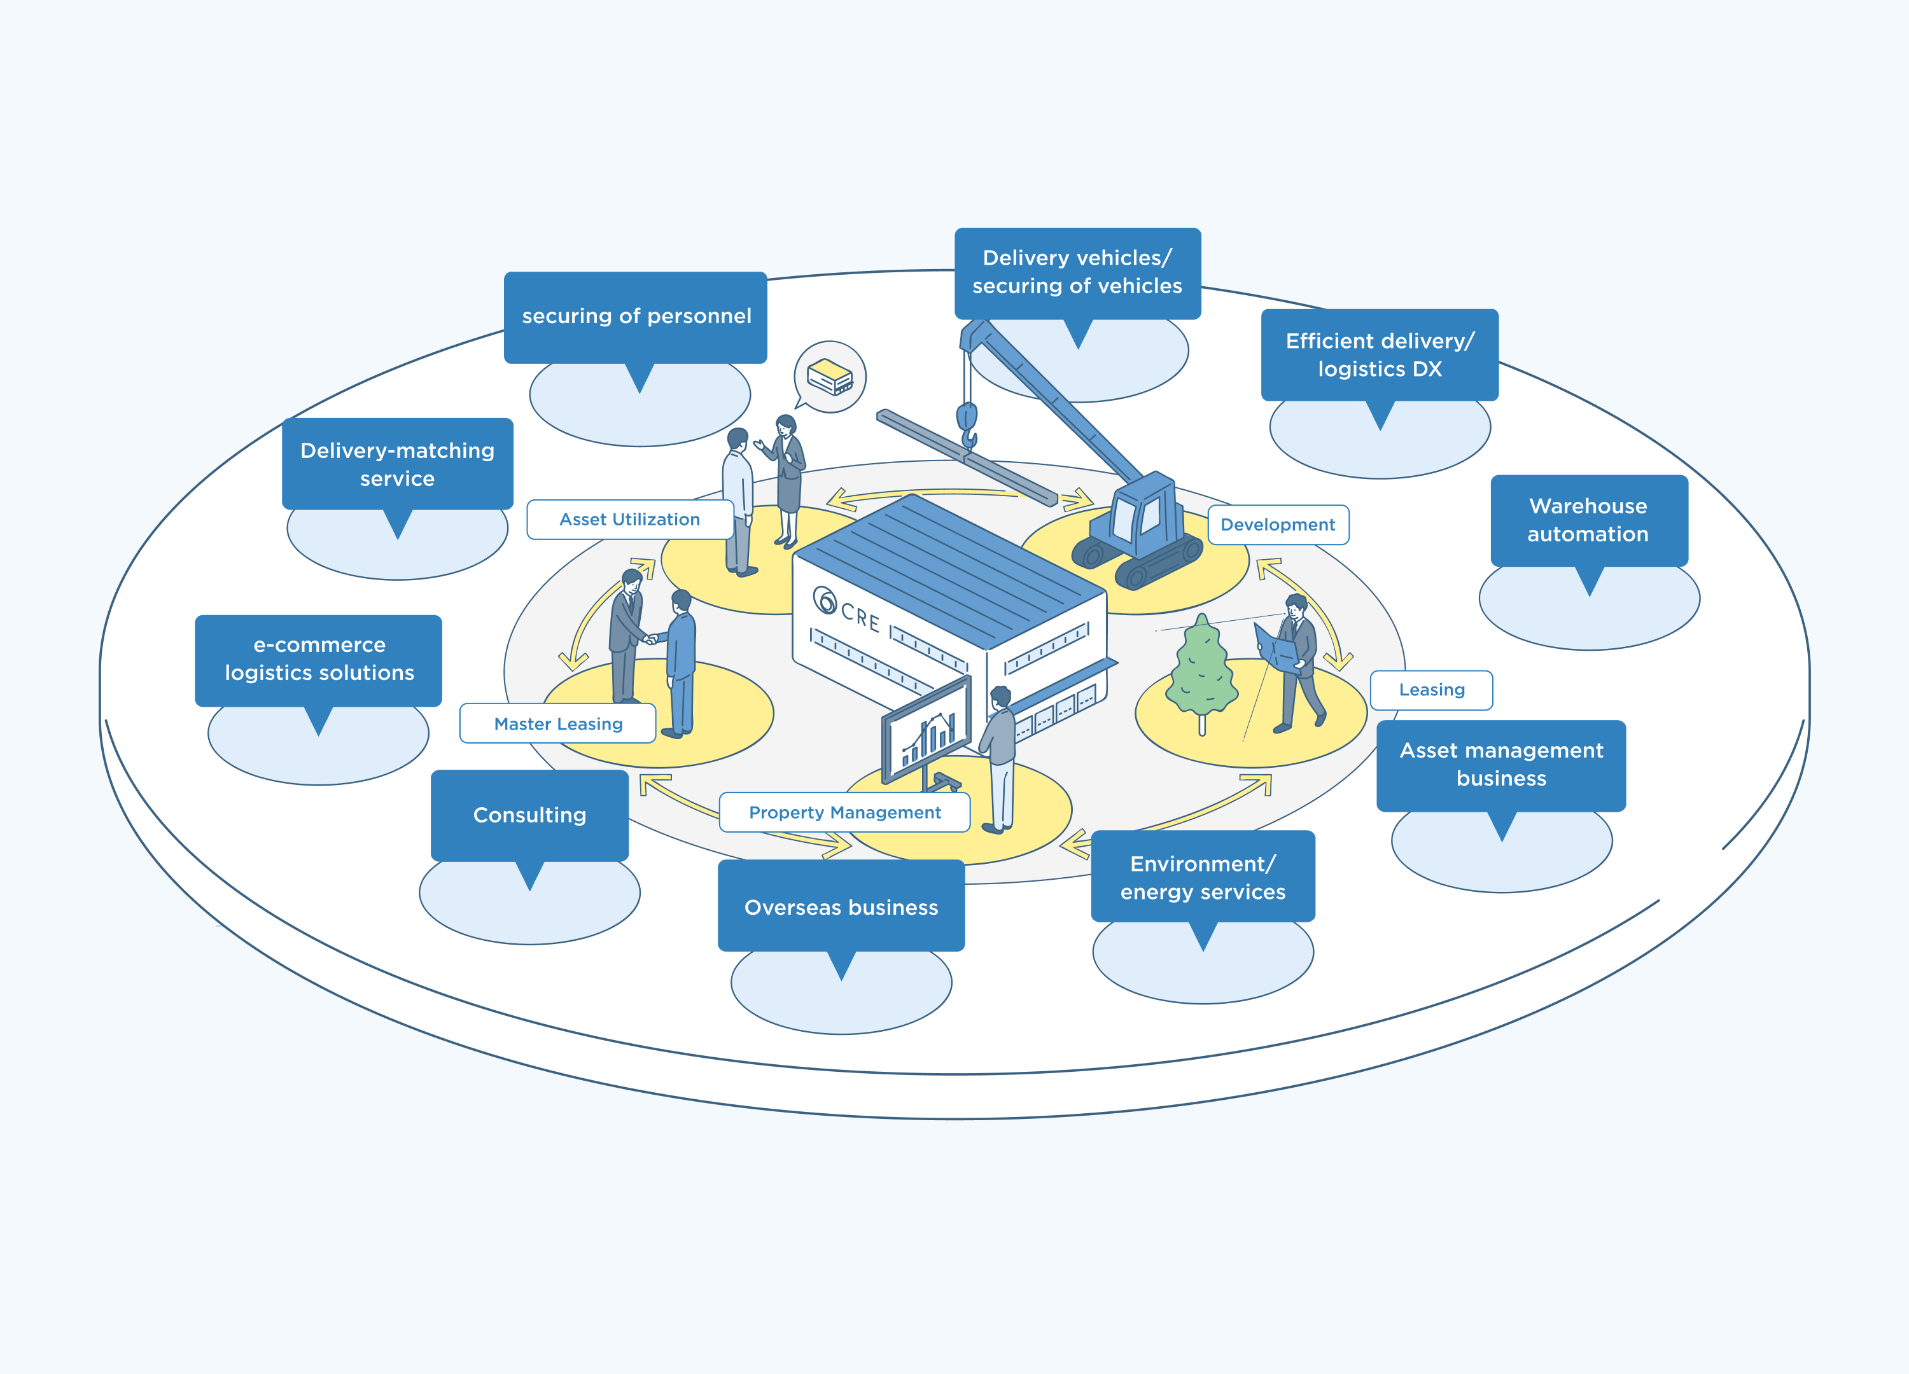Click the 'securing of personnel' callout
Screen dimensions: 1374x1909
point(636,317)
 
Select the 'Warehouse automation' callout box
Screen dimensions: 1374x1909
point(1588,520)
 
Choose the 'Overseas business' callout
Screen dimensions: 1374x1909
point(841,906)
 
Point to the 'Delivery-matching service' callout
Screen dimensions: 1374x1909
point(397,464)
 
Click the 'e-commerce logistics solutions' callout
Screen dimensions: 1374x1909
point(319,659)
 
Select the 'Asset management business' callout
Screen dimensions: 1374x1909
point(1500,764)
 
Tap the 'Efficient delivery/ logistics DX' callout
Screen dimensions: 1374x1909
point(1380,354)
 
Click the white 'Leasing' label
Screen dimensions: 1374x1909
point(1431,690)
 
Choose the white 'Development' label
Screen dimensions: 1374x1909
point(1278,525)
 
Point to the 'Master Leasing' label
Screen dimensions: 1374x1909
point(558,724)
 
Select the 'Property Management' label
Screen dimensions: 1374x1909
point(844,812)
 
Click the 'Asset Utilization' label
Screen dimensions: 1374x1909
point(629,519)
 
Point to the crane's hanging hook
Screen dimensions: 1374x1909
point(968,425)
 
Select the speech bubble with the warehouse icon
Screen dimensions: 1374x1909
point(830,377)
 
